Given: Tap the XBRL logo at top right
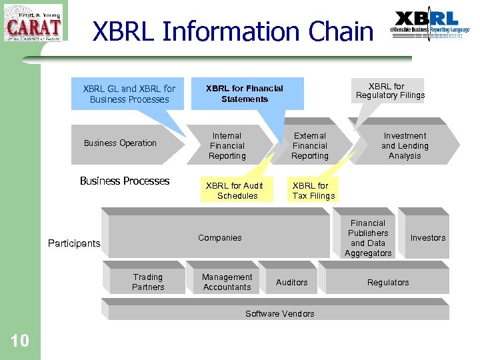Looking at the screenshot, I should click(x=431, y=25).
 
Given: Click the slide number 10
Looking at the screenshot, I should click(x=20, y=341).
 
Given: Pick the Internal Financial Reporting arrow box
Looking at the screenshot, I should click(x=227, y=145).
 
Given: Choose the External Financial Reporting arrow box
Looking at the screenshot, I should click(x=310, y=145).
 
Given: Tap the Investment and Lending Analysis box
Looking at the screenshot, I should click(x=405, y=145).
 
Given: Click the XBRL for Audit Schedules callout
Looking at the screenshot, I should click(x=234, y=191).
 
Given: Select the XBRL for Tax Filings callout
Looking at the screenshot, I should click(x=313, y=191).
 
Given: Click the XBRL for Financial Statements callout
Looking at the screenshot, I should click(x=245, y=93).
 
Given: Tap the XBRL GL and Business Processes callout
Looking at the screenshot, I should click(x=129, y=94).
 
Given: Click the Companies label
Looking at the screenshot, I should click(x=220, y=238).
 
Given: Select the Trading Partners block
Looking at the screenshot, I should click(x=148, y=282).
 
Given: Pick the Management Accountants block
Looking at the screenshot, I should click(x=227, y=282).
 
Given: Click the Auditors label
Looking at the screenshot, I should click(x=292, y=283).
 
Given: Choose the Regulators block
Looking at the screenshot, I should click(x=388, y=283).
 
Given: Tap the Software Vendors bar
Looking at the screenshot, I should click(x=279, y=313).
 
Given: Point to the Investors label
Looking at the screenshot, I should click(x=428, y=238).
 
